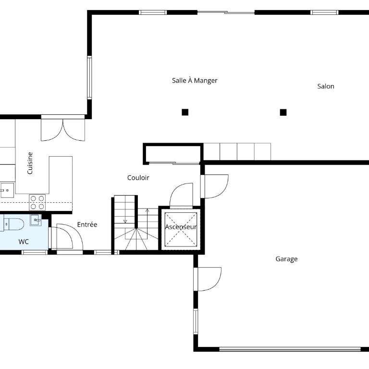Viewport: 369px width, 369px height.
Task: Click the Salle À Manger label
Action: pos(195,81)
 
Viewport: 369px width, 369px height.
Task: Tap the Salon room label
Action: pos(326,86)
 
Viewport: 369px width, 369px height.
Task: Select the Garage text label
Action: pos(286,259)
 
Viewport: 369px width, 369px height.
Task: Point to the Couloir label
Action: pos(138,178)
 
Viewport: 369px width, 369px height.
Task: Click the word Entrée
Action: pos(87,224)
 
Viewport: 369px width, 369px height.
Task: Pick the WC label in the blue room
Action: pos(24,242)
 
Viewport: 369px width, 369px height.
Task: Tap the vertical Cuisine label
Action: pos(30,163)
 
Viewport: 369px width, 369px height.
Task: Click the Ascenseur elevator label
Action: pos(181,227)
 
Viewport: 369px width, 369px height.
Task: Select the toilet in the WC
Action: pos(13,224)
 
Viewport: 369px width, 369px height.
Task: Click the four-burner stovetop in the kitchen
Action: pos(37,202)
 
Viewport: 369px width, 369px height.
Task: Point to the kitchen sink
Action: pos(7,190)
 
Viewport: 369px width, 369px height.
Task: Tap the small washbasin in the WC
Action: pos(36,220)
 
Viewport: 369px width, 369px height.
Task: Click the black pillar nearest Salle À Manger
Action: pos(185,112)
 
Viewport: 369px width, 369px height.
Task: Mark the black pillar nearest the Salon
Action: pos(283,112)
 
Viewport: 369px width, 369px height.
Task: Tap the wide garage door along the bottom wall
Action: pos(290,349)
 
